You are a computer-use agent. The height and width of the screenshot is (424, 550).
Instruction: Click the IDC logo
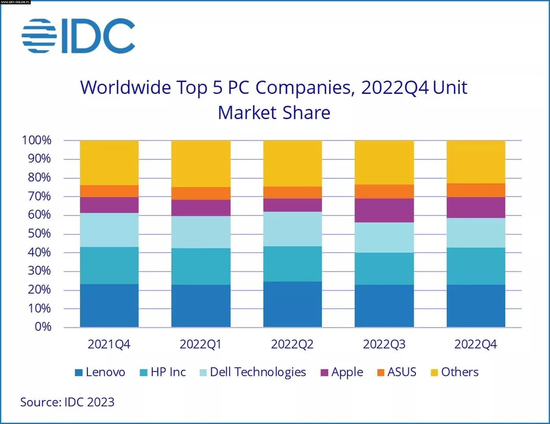pyautogui.click(x=78, y=36)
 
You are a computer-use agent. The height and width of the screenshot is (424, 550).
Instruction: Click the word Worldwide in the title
pyautogui.click(x=125, y=87)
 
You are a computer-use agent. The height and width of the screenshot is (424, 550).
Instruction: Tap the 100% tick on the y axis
pyautogui.click(x=37, y=140)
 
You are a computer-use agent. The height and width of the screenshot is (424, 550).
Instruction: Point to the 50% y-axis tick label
pyautogui.click(x=39, y=234)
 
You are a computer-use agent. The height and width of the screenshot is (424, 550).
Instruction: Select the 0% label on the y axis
pyautogui.click(x=43, y=327)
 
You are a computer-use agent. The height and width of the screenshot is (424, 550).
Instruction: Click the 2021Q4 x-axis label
pyautogui.click(x=109, y=344)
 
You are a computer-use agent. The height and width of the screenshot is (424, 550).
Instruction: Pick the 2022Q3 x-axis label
pyautogui.click(x=384, y=344)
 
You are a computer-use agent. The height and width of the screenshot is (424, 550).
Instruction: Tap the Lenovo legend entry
pyautogui.click(x=100, y=372)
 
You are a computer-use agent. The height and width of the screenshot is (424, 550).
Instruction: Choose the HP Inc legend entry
pyautogui.click(x=163, y=372)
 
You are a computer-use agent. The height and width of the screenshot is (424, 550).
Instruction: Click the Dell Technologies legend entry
pyautogui.click(x=253, y=372)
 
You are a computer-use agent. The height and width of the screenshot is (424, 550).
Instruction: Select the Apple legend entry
pyautogui.click(x=342, y=372)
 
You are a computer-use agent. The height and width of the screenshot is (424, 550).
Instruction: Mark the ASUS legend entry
pyautogui.click(x=396, y=372)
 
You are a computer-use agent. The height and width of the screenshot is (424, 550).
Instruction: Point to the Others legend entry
pyautogui.click(x=455, y=372)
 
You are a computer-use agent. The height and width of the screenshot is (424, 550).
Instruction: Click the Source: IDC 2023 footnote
pyautogui.click(x=67, y=402)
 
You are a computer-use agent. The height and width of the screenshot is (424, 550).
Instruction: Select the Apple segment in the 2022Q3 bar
pyautogui.click(x=384, y=210)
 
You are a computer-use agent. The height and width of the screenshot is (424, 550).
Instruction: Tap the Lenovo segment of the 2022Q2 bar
pyautogui.click(x=292, y=304)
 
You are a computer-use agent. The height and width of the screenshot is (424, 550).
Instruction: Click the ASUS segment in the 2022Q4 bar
pyautogui.click(x=476, y=190)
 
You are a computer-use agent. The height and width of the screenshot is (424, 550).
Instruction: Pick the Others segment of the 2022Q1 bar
pyautogui.click(x=201, y=164)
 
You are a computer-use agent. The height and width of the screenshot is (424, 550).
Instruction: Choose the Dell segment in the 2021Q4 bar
pyautogui.click(x=109, y=230)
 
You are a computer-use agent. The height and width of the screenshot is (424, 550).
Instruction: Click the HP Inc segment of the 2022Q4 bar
pyautogui.click(x=476, y=266)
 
